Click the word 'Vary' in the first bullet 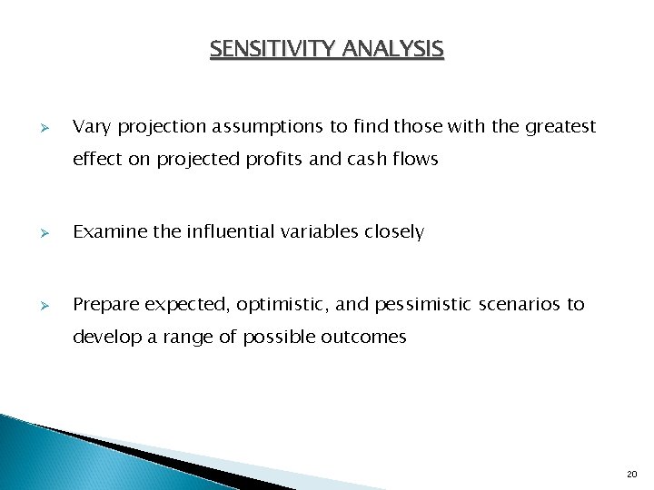[x=91, y=127]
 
